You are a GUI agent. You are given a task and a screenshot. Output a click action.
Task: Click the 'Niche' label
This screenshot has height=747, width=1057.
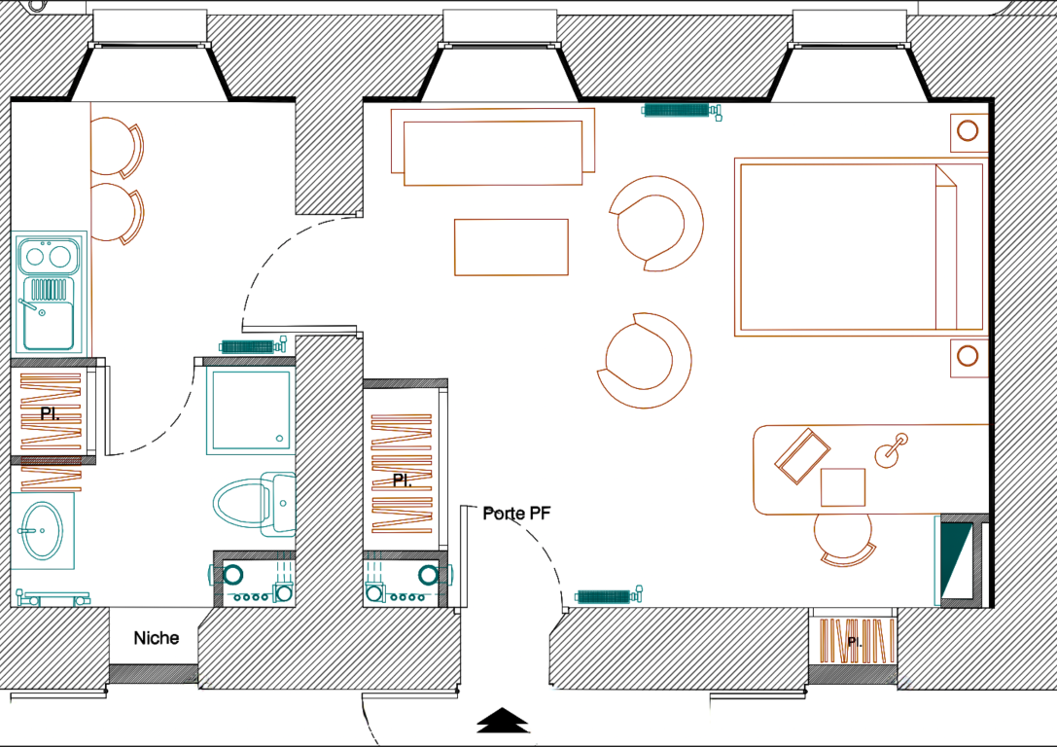click(x=157, y=638)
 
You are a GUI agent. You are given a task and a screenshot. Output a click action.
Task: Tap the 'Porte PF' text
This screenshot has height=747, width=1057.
click(x=516, y=514)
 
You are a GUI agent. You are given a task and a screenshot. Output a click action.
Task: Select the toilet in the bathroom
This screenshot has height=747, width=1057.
click(x=255, y=504)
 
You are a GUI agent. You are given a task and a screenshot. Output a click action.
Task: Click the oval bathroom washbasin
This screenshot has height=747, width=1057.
click(x=43, y=531)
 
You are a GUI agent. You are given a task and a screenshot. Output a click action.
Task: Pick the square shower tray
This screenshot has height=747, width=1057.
click(x=250, y=409)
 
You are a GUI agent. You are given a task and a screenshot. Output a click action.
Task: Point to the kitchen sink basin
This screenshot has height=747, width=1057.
click(x=49, y=324)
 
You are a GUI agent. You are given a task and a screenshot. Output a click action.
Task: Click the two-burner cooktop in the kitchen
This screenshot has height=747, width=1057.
click(x=49, y=256)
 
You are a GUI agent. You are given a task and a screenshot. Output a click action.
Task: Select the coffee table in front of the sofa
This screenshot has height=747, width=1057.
click(x=511, y=247)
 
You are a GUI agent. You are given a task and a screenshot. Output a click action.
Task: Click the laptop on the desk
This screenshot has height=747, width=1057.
click(x=802, y=456)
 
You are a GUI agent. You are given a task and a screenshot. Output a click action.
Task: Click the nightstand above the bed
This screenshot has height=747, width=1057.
click(x=968, y=131)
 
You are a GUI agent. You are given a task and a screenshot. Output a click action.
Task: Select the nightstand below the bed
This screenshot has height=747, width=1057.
click(x=968, y=357)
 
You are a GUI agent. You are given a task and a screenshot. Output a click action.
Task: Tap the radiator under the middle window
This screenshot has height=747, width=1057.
click(x=681, y=110)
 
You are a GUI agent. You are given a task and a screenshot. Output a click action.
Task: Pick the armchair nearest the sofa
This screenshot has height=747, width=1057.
click(x=657, y=224)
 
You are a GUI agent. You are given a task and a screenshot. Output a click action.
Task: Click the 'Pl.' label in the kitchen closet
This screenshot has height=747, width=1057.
click(x=50, y=413)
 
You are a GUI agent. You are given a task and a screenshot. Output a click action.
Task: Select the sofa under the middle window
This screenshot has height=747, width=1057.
click(x=493, y=146)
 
